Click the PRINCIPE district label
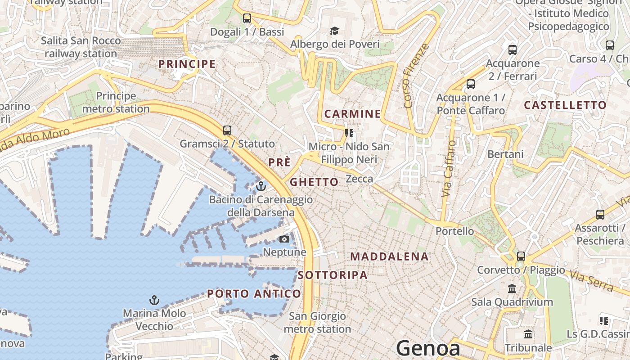(x=187, y=64)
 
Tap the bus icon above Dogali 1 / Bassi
(x=247, y=18)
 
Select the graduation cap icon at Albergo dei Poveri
(x=334, y=31)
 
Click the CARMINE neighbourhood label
(x=352, y=114)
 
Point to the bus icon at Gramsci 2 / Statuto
(x=227, y=130)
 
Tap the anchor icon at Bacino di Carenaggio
(x=261, y=186)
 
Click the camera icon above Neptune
(x=284, y=239)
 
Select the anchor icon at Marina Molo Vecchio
(x=154, y=300)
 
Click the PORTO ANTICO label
(x=254, y=294)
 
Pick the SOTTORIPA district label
(x=333, y=275)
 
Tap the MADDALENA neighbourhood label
(x=389, y=256)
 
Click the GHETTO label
(x=314, y=182)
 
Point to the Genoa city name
(x=428, y=349)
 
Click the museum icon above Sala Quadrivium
(x=512, y=288)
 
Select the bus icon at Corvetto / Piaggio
(x=521, y=256)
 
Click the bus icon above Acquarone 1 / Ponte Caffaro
(x=471, y=84)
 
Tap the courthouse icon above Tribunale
(x=528, y=334)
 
